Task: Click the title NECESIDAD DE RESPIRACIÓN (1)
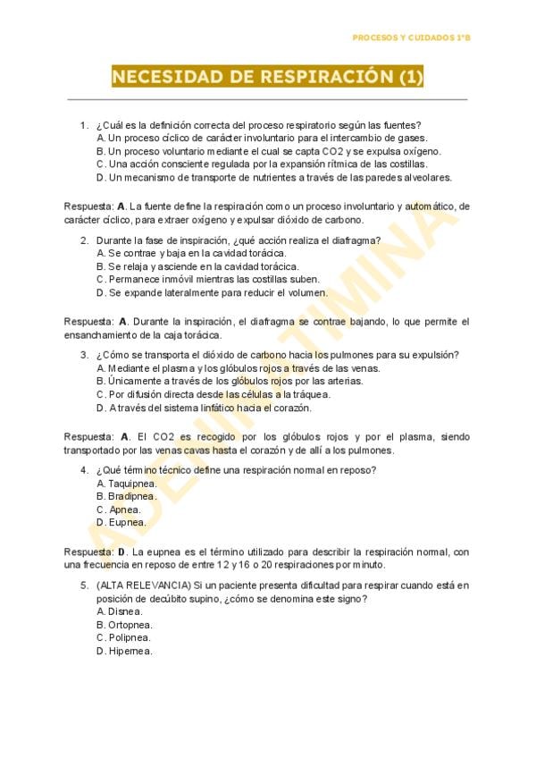click(267, 77)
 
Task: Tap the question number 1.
click(83, 125)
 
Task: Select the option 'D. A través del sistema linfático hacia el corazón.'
click(204, 408)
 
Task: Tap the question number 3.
click(83, 355)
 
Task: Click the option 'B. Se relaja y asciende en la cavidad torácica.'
click(197, 266)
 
